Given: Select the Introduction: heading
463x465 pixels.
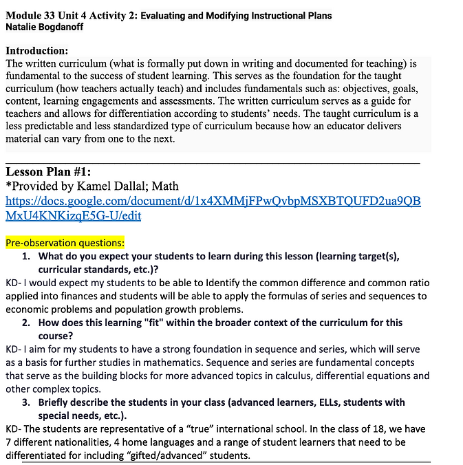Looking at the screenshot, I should click(x=36, y=51).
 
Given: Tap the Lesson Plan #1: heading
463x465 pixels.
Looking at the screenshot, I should click(x=48, y=172).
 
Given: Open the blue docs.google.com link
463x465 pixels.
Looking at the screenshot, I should click(x=213, y=208).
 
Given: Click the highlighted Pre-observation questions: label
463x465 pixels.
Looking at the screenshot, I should click(x=65, y=243).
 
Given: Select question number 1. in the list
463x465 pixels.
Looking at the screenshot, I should click(x=25, y=256).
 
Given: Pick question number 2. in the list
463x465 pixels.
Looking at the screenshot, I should click(x=25, y=323).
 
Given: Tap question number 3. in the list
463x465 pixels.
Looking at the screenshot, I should click(x=25, y=402).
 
